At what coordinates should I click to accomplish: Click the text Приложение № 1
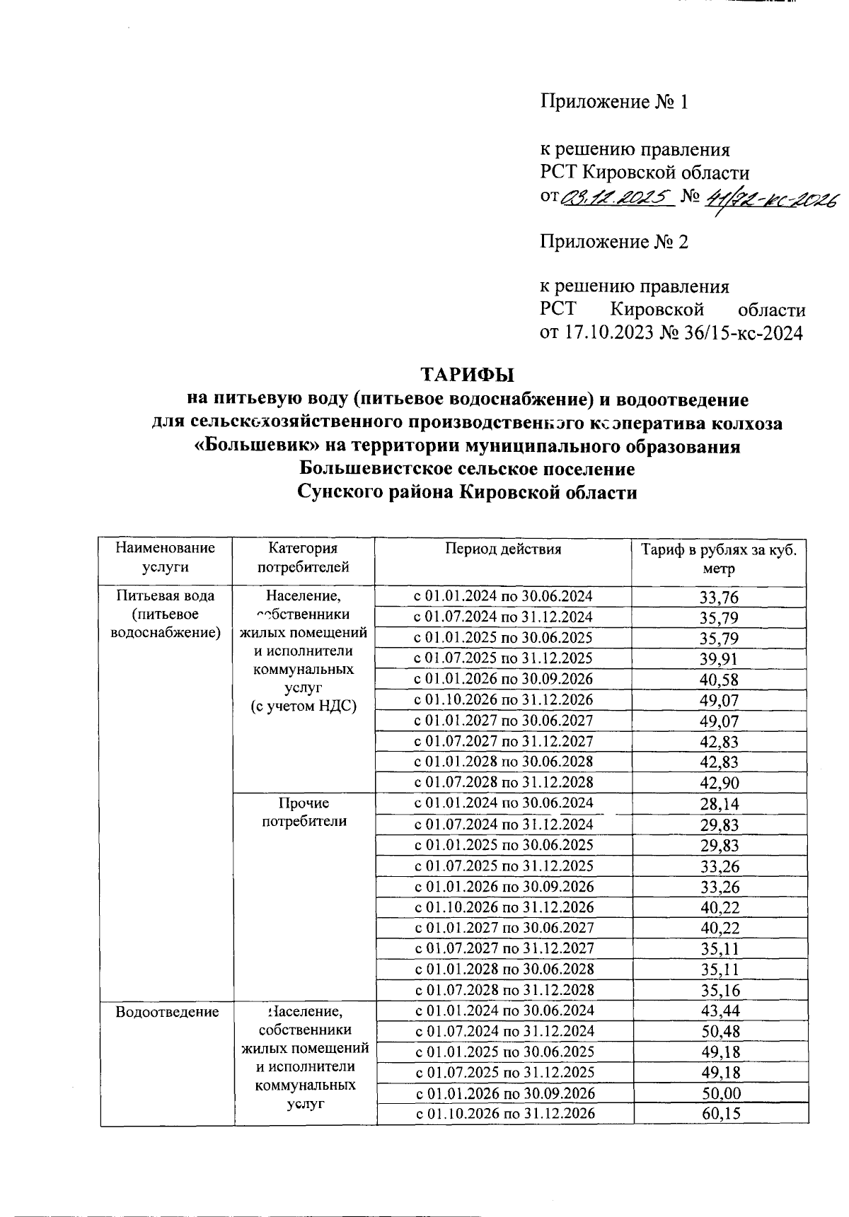tap(614, 102)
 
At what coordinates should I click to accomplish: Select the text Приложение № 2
tap(614, 242)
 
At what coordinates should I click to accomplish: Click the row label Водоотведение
tap(167, 1012)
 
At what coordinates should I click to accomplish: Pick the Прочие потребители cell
tap(304, 813)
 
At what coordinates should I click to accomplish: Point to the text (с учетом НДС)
tap(304, 706)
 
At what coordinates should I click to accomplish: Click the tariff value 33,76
tap(719, 598)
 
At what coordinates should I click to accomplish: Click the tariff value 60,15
tap(719, 1114)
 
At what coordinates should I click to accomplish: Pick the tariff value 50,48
tap(719, 1032)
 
